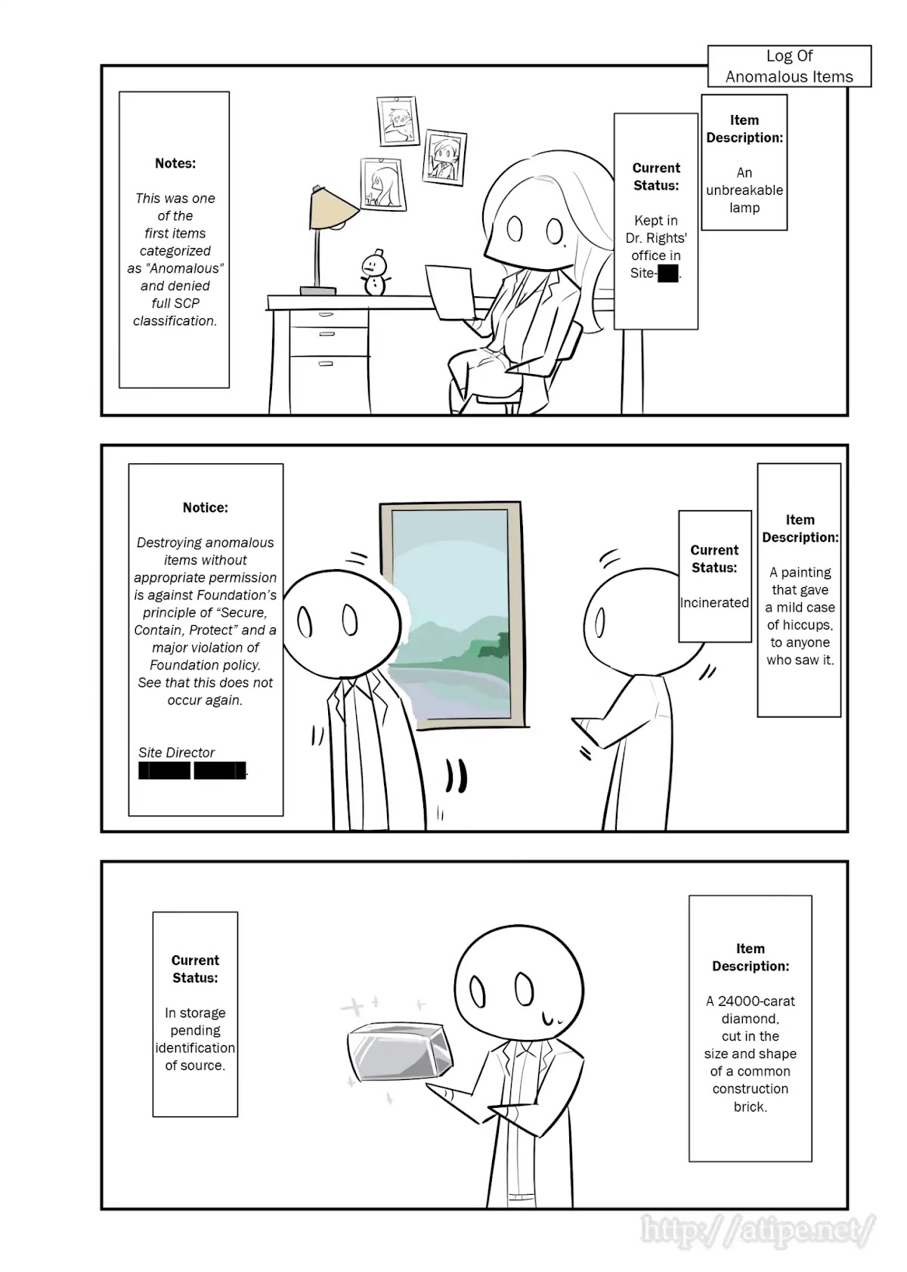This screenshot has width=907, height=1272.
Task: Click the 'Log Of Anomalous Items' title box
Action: click(789, 67)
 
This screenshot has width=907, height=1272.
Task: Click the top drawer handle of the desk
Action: click(327, 314)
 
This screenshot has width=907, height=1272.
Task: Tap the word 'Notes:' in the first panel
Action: click(175, 163)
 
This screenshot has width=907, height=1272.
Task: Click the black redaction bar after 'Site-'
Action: click(667, 274)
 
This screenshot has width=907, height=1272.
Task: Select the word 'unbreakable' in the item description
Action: click(744, 190)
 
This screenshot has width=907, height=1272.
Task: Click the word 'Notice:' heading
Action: click(205, 508)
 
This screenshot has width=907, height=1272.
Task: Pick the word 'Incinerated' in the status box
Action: click(714, 603)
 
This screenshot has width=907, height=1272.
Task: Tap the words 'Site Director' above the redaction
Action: click(176, 753)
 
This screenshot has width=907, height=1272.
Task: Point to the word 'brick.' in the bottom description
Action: click(750, 1106)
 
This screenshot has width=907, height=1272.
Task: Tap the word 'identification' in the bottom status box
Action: click(195, 1048)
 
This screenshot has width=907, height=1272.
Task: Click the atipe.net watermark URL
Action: click(758, 1230)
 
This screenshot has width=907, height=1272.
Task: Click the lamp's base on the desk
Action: click(317, 290)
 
